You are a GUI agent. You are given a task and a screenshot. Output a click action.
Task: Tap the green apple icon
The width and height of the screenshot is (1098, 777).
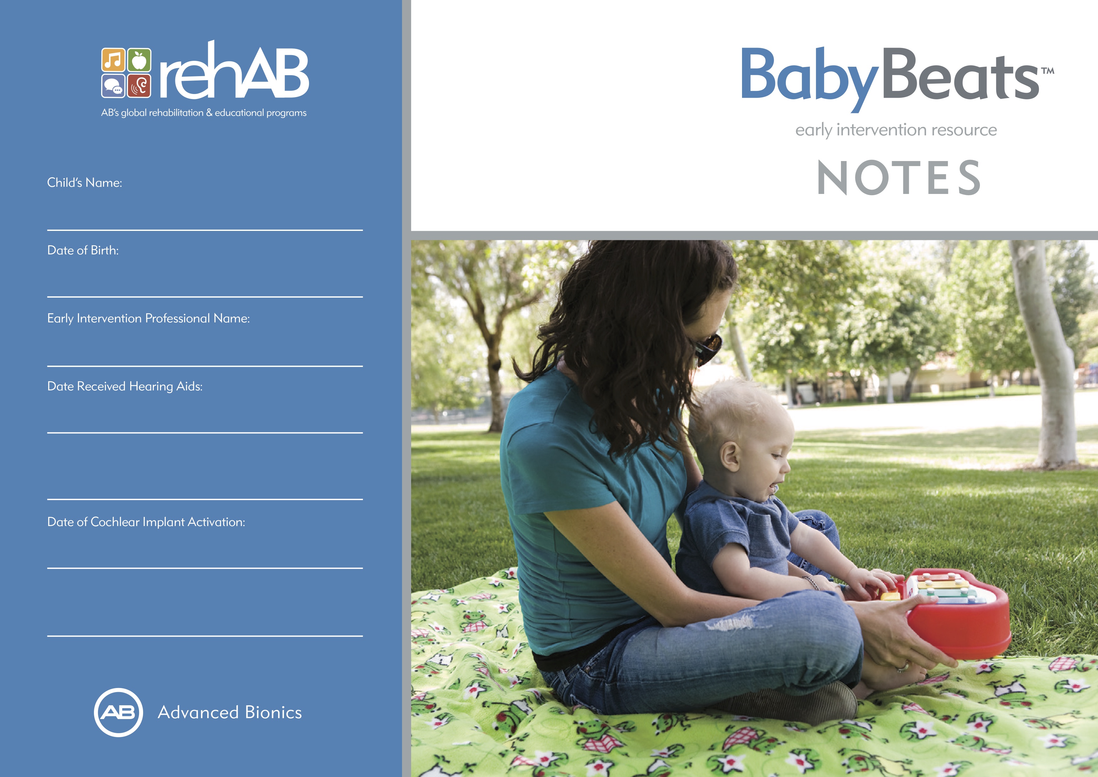click(139, 60)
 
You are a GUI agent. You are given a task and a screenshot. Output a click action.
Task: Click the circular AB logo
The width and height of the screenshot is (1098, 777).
click(118, 712)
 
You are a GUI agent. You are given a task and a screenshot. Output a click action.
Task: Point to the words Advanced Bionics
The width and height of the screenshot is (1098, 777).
click(229, 712)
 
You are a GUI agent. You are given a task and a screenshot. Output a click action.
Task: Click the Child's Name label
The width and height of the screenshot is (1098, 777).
click(85, 183)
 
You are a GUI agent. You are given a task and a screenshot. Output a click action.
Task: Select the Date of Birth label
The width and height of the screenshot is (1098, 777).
click(83, 250)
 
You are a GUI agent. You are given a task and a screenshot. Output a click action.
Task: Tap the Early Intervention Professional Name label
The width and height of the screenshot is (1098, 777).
click(148, 318)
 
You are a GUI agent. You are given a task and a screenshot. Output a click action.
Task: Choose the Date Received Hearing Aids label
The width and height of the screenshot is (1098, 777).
click(125, 387)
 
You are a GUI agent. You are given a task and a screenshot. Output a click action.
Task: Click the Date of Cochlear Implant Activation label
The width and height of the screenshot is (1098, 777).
click(146, 522)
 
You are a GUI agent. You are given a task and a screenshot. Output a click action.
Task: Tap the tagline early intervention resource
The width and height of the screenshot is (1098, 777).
click(896, 130)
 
